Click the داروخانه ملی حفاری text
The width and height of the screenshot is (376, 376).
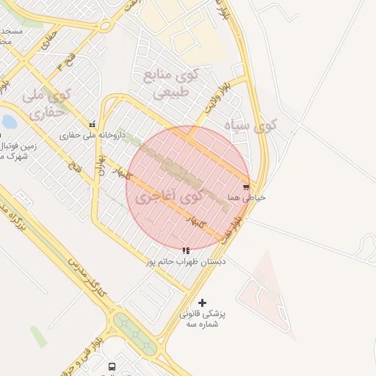pos(93,135)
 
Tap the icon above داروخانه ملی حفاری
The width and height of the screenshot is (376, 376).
pos(93,125)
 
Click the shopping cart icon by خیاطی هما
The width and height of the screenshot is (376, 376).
pos(245,187)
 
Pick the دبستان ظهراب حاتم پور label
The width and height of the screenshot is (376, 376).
pos(185,261)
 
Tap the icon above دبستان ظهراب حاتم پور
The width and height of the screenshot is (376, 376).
pos(186,250)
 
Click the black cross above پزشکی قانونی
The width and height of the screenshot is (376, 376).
pos(203,303)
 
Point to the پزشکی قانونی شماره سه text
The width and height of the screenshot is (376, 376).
pos(203,319)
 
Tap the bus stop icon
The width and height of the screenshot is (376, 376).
pos(112,366)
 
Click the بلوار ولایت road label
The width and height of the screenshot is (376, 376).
pos(218,101)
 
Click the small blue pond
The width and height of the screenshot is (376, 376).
pos(9,121)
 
